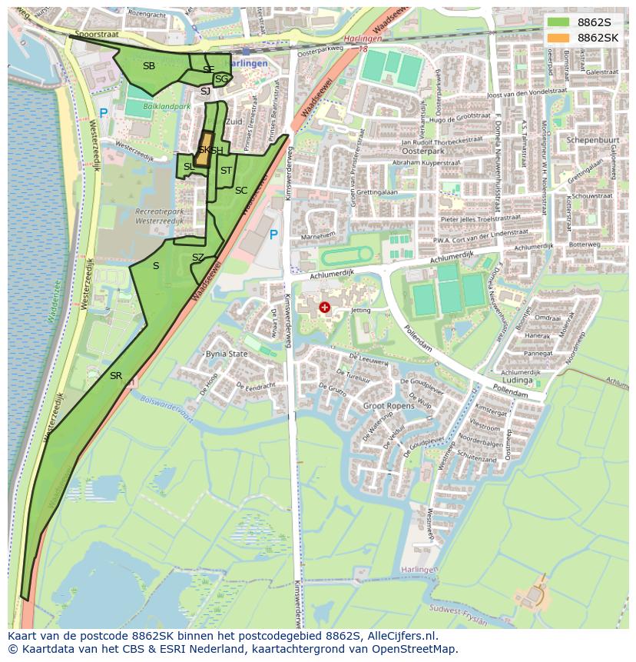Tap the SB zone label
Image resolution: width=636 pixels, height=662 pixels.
pyautogui.click(x=149, y=66)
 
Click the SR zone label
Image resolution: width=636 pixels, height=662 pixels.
pyautogui.click(x=116, y=376)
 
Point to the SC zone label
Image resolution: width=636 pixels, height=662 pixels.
pyautogui.click(x=241, y=191)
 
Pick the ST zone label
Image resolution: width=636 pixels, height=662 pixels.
pyautogui.click(x=226, y=171)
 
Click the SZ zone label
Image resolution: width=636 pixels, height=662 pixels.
pyautogui.click(x=198, y=258)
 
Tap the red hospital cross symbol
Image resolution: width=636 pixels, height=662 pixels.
pyautogui.click(x=325, y=308)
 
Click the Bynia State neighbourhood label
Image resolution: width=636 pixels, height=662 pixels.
pyautogui.click(x=227, y=354)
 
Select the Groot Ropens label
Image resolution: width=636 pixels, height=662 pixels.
pyautogui.click(x=388, y=405)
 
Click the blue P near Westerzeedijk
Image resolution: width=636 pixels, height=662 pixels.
pyautogui.click(x=104, y=114)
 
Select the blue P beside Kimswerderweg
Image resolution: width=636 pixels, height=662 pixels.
pyautogui.click(x=273, y=235)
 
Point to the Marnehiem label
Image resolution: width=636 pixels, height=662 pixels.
pyautogui.click(x=318, y=235)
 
